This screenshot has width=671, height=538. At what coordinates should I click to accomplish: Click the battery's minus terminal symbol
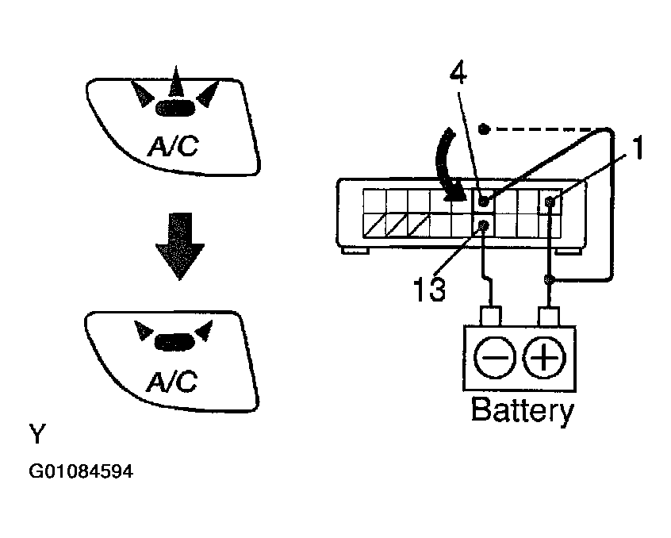point(494,357)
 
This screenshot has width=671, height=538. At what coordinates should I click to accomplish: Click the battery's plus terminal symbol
point(544,357)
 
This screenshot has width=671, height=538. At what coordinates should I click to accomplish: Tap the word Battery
point(522,410)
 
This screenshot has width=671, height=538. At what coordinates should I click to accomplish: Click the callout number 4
point(458,74)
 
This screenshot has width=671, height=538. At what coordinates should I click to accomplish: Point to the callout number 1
point(638,148)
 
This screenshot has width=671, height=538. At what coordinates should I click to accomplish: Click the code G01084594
point(81,471)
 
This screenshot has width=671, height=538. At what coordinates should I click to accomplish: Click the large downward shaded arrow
point(180,246)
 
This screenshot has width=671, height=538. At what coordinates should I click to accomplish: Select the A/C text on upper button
point(173,146)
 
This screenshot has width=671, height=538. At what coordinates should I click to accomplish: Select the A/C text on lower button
point(171,382)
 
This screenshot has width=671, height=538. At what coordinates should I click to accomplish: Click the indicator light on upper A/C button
point(175,108)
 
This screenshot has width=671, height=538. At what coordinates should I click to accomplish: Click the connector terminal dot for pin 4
point(484,200)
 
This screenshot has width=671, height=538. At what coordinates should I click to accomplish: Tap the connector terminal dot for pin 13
point(484,225)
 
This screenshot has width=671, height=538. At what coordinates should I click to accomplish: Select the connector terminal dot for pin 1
point(550,201)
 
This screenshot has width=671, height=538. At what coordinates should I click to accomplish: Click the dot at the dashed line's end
point(484,129)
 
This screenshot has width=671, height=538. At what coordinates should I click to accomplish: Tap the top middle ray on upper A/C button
point(176,81)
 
